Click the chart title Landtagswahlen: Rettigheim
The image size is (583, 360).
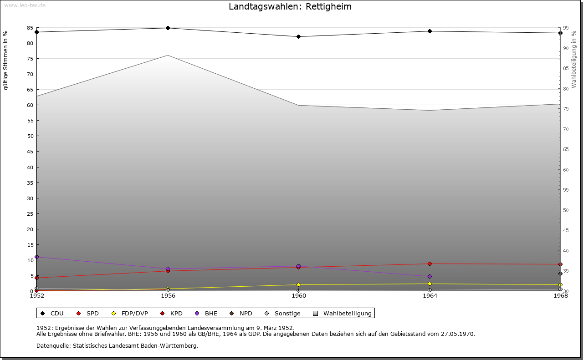pos(290,7)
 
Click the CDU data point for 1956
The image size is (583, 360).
pos(168,28)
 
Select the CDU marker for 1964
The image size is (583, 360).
pos(430,31)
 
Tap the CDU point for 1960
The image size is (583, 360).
pos(298,37)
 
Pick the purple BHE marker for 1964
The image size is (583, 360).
pos(430,276)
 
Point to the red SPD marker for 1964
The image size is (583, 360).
pos(430,264)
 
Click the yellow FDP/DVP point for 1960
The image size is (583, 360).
pos(298,285)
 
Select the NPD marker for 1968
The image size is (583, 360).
pos(560,274)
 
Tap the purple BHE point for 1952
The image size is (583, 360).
pos(37,257)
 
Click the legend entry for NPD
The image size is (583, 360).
pos(241,314)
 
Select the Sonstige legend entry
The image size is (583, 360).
pos(282,314)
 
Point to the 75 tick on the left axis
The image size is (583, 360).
pos(30,59)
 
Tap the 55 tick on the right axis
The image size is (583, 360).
pos(566,190)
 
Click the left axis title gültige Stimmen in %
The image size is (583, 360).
pos(6,61)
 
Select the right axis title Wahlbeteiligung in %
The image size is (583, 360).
pos(574,60)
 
